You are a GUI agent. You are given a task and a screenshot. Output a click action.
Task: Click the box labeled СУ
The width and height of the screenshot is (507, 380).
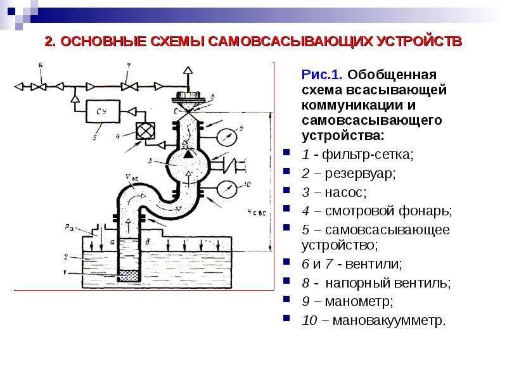103,111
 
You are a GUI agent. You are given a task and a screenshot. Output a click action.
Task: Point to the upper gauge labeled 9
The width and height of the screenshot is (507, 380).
227,137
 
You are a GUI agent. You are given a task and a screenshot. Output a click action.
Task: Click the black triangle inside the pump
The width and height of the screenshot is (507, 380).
188,154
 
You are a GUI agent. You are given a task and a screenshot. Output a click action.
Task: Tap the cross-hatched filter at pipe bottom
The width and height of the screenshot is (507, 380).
129,276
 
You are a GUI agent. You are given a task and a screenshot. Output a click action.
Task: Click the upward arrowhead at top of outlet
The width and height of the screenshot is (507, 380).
188,71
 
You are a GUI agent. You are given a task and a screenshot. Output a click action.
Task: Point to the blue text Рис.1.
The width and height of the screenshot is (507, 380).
322,75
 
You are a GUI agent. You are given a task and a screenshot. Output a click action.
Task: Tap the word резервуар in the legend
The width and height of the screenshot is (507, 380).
360,174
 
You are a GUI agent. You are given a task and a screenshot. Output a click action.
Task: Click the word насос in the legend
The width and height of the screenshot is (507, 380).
345,193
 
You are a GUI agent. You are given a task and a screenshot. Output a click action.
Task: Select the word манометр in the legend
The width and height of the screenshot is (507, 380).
359,301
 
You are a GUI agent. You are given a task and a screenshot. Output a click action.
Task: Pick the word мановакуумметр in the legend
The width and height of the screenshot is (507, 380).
389,320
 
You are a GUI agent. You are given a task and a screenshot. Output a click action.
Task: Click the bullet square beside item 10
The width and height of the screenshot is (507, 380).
286,318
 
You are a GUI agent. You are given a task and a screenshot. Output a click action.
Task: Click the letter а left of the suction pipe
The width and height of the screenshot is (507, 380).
112,242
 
